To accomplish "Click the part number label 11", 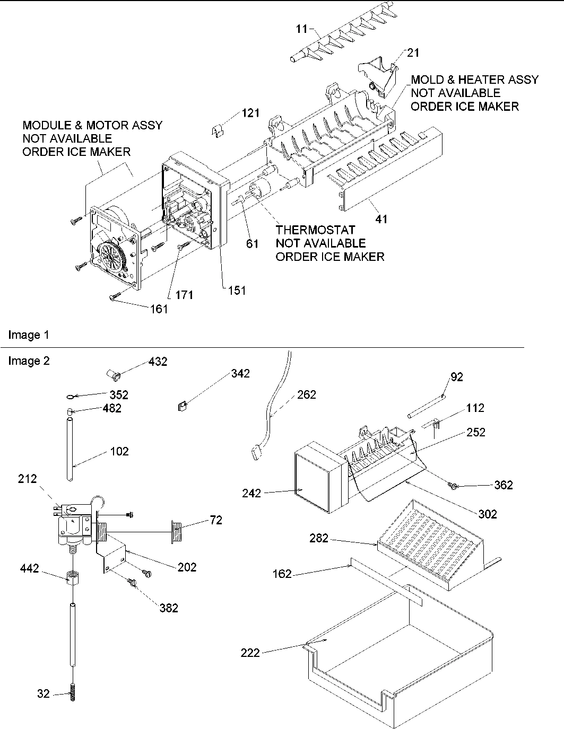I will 302,30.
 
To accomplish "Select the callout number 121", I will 251,112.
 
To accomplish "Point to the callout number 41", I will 381,218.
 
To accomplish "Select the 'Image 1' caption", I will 29,335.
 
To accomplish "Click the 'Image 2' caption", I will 29,361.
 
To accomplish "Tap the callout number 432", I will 158,362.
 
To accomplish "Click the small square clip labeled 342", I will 181,407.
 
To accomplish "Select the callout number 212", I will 27,479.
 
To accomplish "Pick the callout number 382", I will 169,608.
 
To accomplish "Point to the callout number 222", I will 250,652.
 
